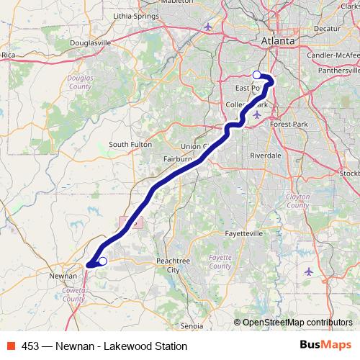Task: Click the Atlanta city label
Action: pyautogui.click(x=278, y=41)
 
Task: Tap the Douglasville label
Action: pyautogui.click(x=91, y=42)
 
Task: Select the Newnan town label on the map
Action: pyautogui.click(x=62, y=276)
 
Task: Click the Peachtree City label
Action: pyautogui.click(x=173, y=265)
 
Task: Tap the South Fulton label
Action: pyautogui.click(x=130, y=145)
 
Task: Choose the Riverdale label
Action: pyautogui.click(x=266, y=155)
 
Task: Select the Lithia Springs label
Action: pyautogui.click(x=138, y=16)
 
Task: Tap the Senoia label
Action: pyautogui.click(x=193, y=326)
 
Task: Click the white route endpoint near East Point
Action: pyautogui.click(x=257, y=75)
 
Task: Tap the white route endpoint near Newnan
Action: pyautogui.click(x=102, y=261)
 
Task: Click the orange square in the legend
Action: pyautogui.click(x=10, y=346)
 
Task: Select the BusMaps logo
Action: pyautogui.click(x=325, y=346)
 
